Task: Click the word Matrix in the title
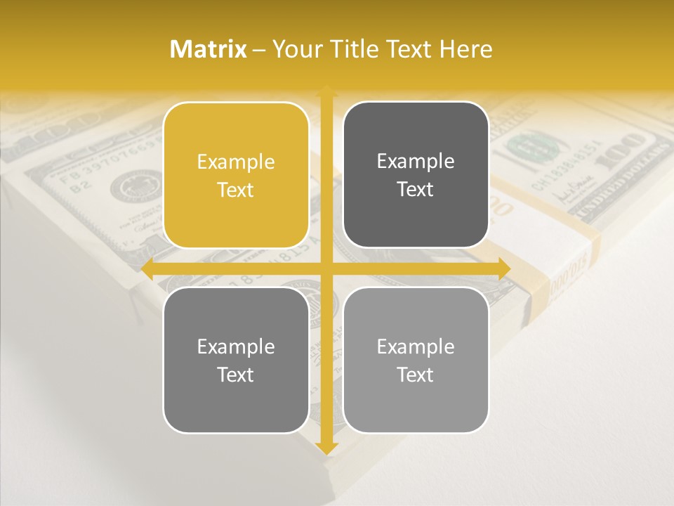[209, 49]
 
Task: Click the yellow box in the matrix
[236, 175]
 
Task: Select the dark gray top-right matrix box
[416, 175]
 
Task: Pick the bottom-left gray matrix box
[236, 360]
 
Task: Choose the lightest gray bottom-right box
[416, 360]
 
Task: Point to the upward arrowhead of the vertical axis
[326, 92]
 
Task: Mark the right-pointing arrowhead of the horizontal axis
[503, 269]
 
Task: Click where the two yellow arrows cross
[326, 269]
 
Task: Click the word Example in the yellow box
[236, 162]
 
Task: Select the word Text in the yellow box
[236, 190]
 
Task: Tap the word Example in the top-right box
[416, 161]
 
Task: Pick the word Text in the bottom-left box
[236, 375]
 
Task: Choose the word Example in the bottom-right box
[416, 346]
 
